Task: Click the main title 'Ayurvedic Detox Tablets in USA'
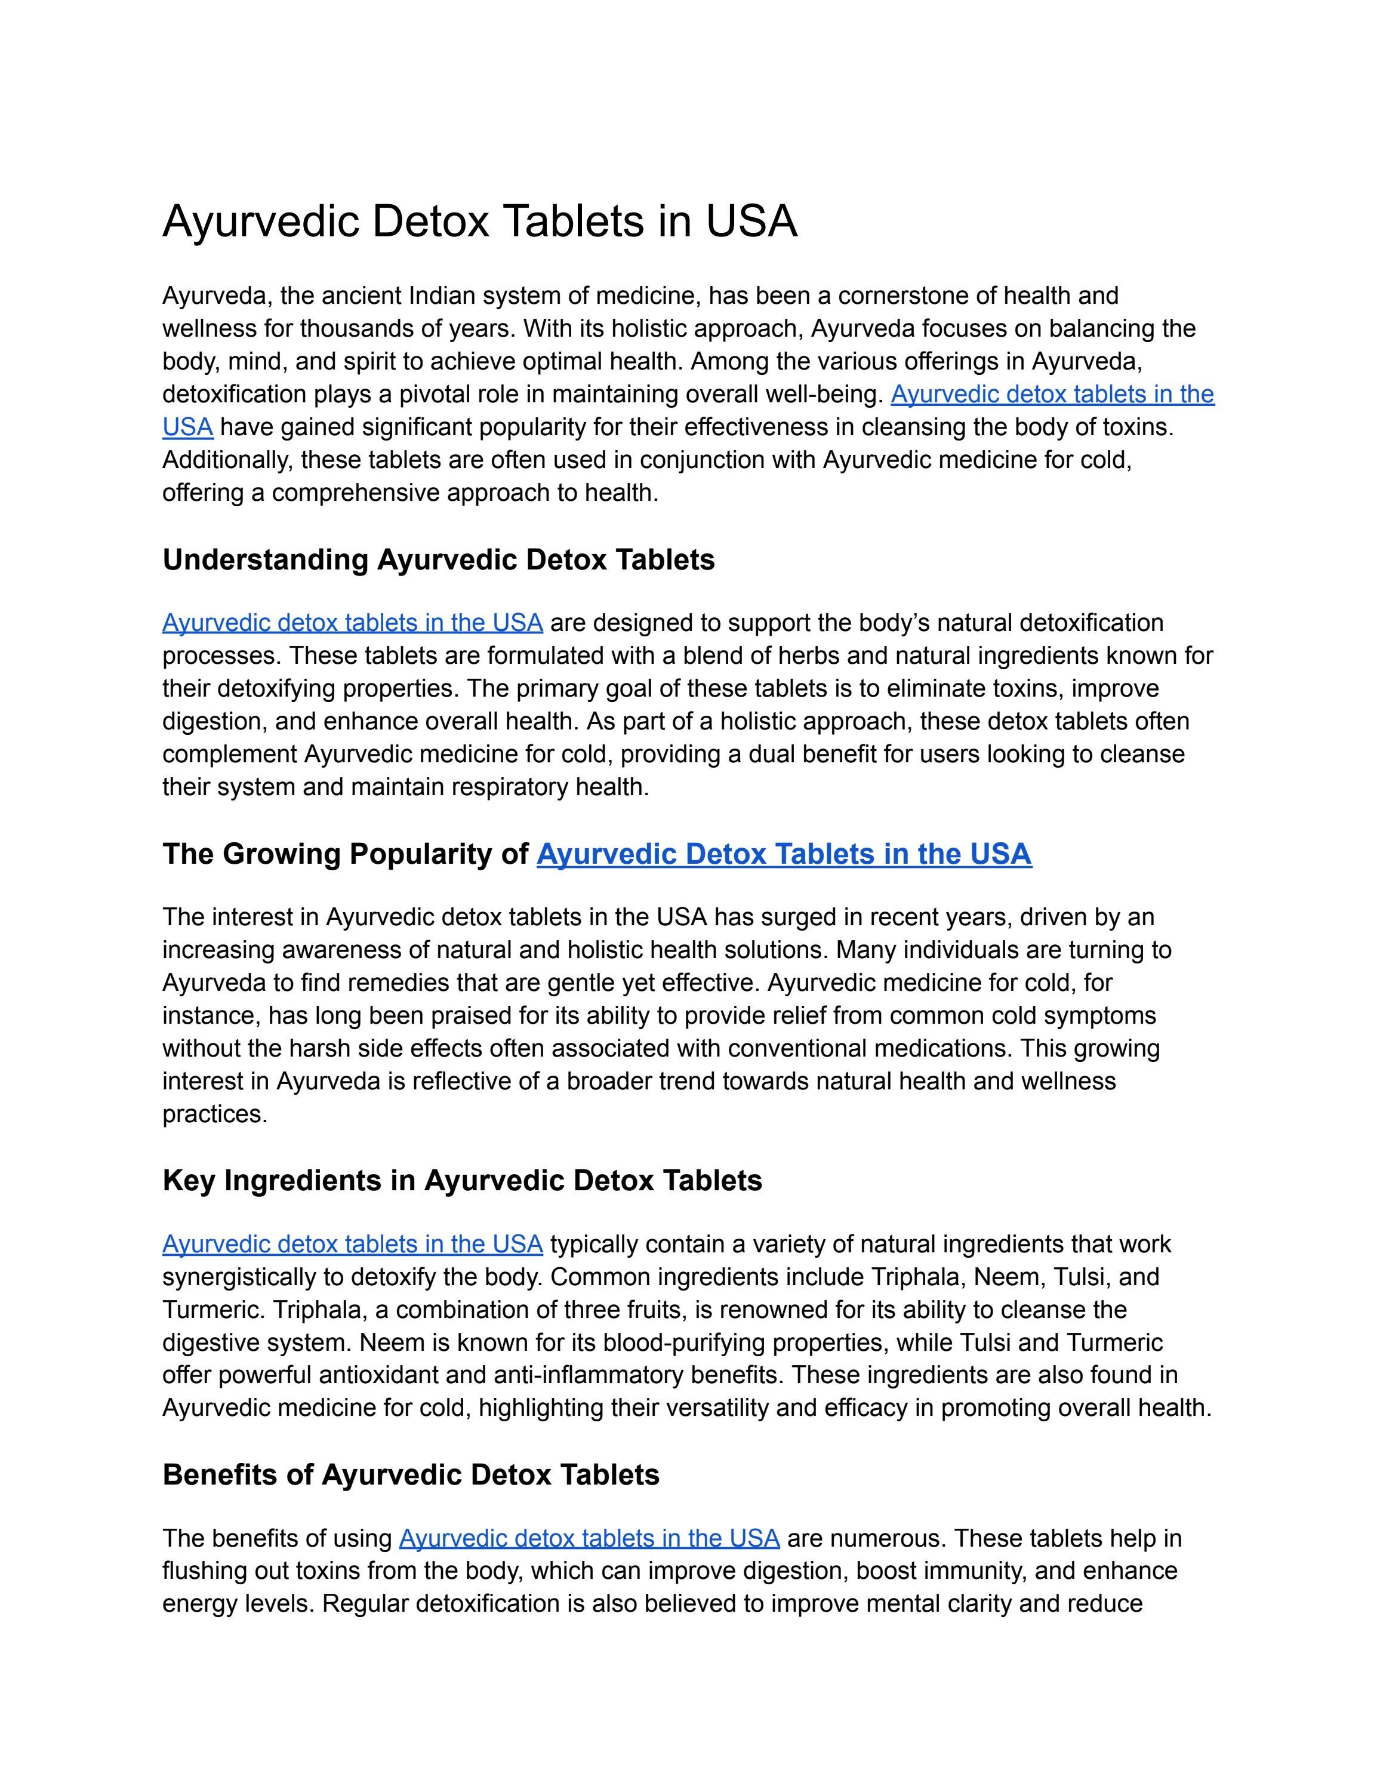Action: click(x=479, y=221)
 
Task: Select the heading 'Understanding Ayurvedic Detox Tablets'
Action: click(x=438, y=560)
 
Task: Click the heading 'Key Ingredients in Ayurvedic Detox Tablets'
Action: click(x=462, y=1181)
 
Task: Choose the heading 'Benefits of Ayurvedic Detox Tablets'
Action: click(x=411, y=1474)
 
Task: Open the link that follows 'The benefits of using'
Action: click(x=589, y=1538)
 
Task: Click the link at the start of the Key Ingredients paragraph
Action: click(x=352, y=1244)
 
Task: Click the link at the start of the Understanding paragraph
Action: click(x=352, y=623)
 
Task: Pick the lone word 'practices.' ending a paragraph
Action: click(x=214, y=1114)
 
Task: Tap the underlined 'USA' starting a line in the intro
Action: click(x=187, y=427)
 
